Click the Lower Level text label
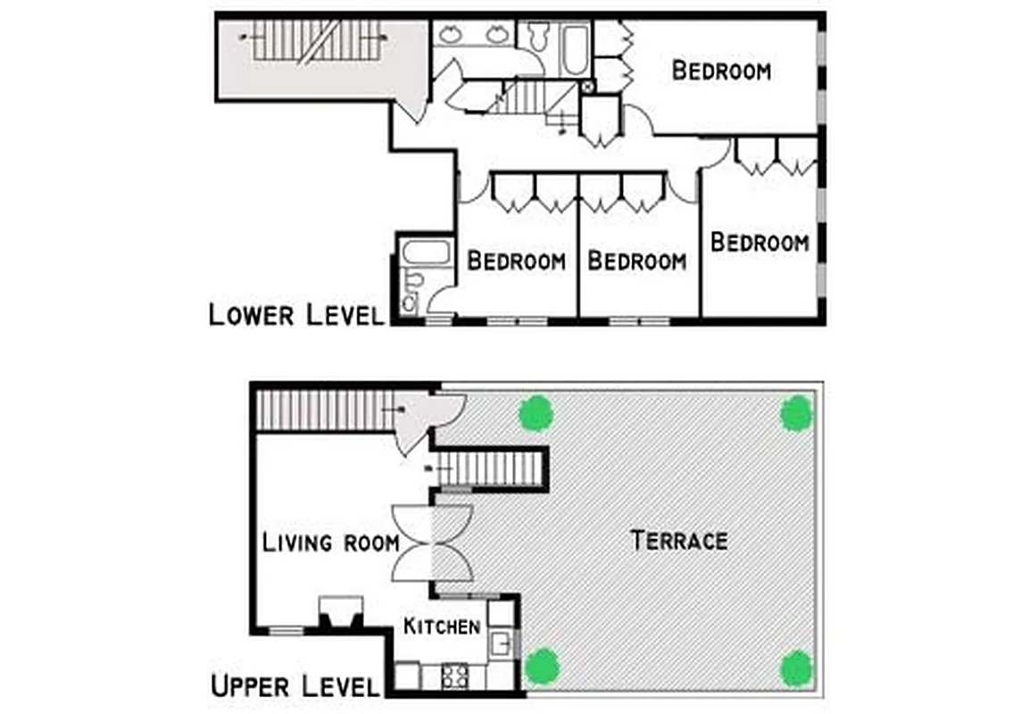(295, 314)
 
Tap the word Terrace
(678, 540)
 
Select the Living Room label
(330, 542)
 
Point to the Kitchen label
(442, 626)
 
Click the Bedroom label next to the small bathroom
(516, 261)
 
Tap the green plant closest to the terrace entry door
(536, 413)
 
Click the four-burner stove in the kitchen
(454, 677)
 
